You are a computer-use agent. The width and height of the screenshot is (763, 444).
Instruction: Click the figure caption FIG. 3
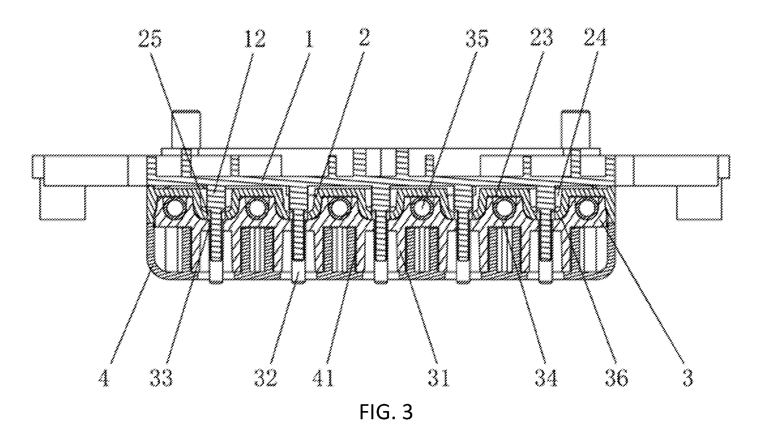(386, 412)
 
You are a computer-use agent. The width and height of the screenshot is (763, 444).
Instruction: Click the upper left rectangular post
(186, 129)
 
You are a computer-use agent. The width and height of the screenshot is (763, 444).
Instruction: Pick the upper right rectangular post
(575, 129)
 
